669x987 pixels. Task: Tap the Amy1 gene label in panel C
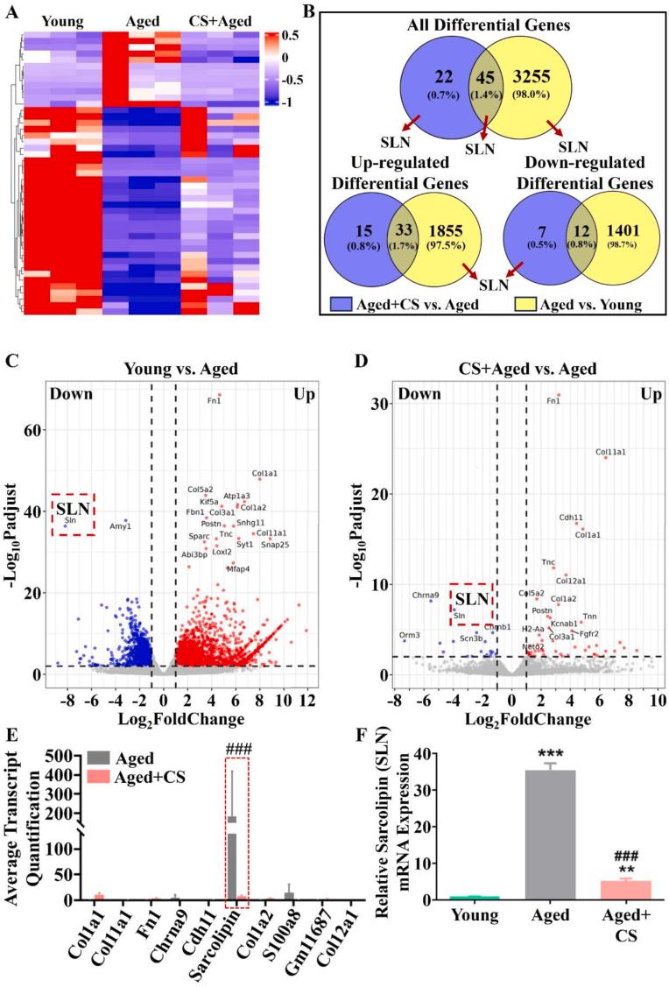[x=119, y=526]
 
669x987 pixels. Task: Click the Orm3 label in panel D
[x=410, y=635]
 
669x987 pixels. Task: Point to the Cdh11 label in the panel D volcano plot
[x=571, y=518]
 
